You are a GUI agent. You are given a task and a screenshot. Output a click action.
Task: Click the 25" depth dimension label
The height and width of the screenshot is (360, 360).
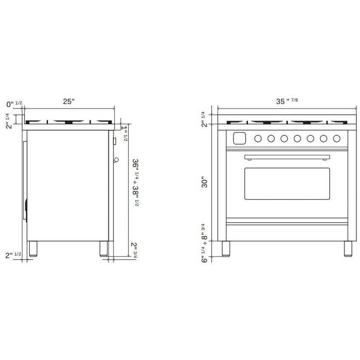tap(69, 101)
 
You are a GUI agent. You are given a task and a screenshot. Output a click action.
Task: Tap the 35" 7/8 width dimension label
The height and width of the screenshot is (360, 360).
tap(287, 101)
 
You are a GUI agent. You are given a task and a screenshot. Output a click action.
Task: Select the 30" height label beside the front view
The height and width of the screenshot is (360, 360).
tap(204, 182)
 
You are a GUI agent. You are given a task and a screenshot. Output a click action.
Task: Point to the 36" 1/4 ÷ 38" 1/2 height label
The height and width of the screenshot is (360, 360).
tap(135, 183)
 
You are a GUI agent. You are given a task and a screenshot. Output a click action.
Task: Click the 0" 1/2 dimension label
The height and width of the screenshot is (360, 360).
tap(14, 104)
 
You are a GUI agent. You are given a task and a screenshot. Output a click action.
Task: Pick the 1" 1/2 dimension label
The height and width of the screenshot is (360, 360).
tap(124, 133)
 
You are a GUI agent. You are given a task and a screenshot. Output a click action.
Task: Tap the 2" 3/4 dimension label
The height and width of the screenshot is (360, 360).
tap(134, 250)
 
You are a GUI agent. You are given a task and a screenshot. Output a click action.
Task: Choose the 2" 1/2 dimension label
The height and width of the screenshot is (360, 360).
tap(13, 255)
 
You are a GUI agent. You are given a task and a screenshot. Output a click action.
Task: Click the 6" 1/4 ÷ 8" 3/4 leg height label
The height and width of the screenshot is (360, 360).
tap(204, 243)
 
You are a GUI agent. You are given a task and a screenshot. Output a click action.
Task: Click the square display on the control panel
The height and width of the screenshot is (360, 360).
tap(240, 138)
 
